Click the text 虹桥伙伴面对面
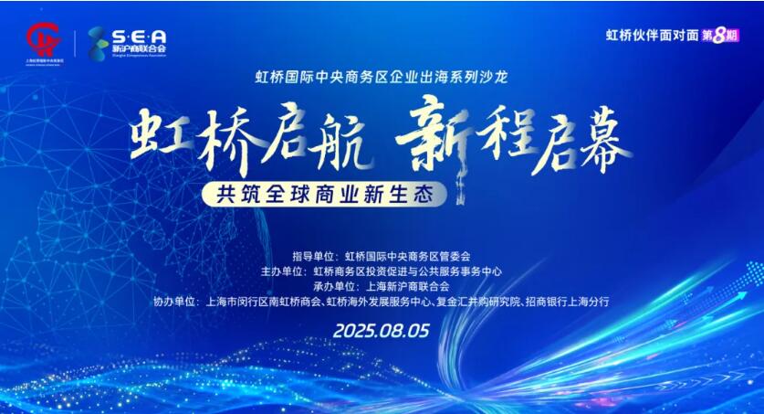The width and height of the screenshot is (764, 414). coord(650,36)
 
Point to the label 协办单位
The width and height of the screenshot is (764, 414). coord(176,301)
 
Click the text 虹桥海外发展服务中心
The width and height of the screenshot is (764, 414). coord(364,301)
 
